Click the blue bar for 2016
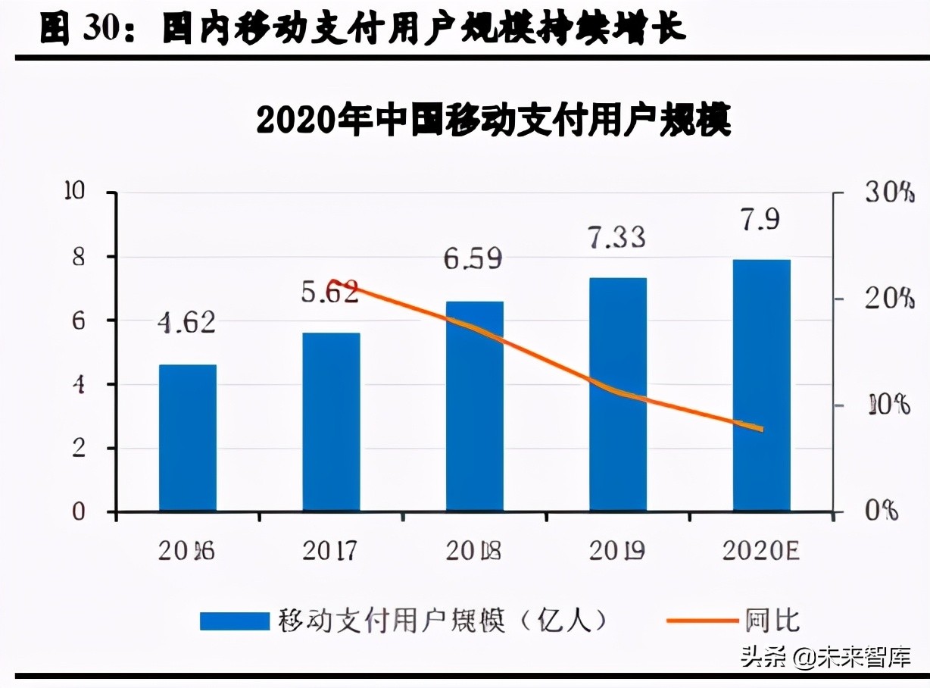tap(188, 438)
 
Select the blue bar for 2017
tap(331, 421)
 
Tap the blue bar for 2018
tap(475, 406)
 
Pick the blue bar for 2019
tap(618, 394)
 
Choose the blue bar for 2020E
tap(761, 385)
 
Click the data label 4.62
tap(187, 322)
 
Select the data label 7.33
tap(617, 236)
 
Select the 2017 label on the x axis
tap(329, 551)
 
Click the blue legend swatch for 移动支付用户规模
tap(234, 621)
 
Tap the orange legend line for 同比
tap(701, 621)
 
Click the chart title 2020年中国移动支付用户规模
tap(494, 120)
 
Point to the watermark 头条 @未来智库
tap(825, 655)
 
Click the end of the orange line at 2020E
tap(761, 429)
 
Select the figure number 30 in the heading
tap(102, 30)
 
